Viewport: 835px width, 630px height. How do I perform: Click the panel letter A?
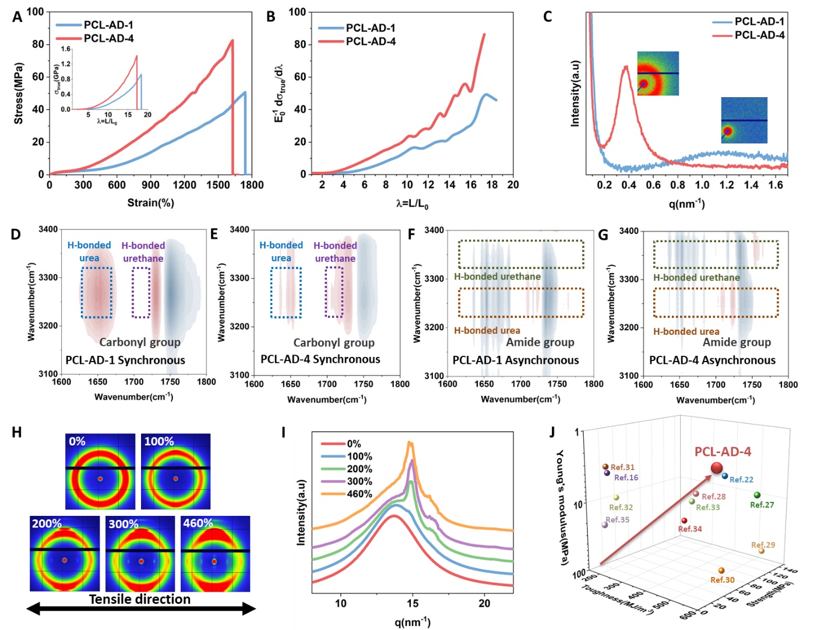pyautogui.click(x=17, y=17)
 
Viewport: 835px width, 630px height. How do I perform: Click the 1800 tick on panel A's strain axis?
pyautogui.click(x=252, y=185)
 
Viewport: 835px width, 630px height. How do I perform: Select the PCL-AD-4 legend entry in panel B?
pyautogui.click(x=371, y=41)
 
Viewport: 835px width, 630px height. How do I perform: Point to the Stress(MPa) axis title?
pyautogui.click(x=19, y=93)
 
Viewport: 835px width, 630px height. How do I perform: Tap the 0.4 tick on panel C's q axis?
pyautogui.click(x=629, y=185)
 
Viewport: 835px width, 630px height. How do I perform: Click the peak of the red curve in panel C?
pyautogui.click(x=626, y=66)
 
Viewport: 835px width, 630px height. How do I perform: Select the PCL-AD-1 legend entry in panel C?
pyautogui.click(x=759, y=22)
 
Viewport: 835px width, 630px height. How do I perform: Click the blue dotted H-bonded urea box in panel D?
pyautogui.click(x=97, y=292)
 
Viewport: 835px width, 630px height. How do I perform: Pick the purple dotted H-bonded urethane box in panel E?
pyautogui.click(x=334, y=292)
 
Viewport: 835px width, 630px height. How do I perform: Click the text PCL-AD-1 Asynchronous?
pyautogui.click(x=516, y=360)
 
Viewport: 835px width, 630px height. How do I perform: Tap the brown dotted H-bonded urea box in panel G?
pyautogui.click(x=716, y=303)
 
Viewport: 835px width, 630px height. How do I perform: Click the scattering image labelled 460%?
pyautogui.click(x=215, y=554)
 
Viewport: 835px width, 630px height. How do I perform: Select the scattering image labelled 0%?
pyautogui.click(x=100, y=471)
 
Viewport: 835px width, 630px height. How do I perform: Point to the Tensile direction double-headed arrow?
pyautogui.click(x=140, y=609)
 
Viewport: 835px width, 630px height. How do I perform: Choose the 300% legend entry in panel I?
pyautogui.click(x=359, y=482)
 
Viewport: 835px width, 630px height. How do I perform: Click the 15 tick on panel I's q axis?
pyautogui.click(x=413, y=603)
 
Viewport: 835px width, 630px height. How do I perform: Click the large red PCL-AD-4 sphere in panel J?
pyautogui.click(x=717, y=468)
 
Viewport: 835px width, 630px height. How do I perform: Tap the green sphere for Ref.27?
pyautogui.click(x=757, y=495)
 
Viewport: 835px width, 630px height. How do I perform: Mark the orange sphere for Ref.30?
pyautogui.click(x=721, y=571)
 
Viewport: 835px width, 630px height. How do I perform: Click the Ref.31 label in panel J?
pyautogui.click(x=622, y=467)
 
